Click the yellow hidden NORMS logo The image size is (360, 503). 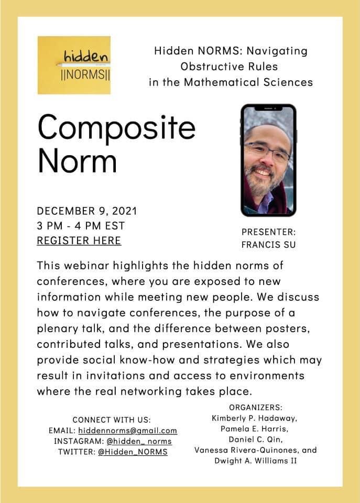[x=74, y=65]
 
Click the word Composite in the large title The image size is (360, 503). [x=116, y=128]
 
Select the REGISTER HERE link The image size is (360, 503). [x=79, y=240]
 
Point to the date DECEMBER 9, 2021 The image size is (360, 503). [x=87, y=211]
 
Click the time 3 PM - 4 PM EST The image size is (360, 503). [x=81, y=226]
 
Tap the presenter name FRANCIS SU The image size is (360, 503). [x=268, y=245]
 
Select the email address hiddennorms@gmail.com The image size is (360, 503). [x=128, y=431]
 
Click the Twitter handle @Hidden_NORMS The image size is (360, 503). [x=133, y=452]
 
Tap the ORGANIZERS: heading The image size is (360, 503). [x=256, y=408]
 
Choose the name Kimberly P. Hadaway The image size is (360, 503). [x=256, y=418]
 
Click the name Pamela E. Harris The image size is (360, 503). [x=256, y=429]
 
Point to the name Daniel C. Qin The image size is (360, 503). [x=255, y=439]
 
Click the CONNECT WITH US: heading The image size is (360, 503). [x=112, y=420]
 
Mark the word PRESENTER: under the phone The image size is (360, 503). [x=268, y=232]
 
